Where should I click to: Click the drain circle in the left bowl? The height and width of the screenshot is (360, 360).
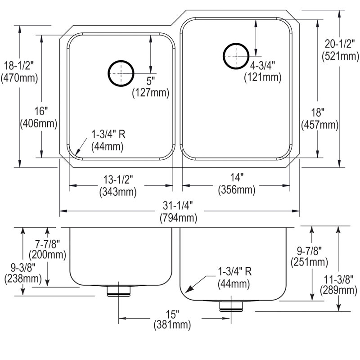tap(108, 73)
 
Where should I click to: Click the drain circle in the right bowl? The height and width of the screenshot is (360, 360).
tap(223, 56)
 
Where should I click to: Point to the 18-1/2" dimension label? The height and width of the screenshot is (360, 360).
tap(19, 66)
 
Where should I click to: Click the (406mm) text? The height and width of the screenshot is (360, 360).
tap(39, 124)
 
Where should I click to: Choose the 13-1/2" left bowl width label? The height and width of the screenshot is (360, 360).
tap(118, 179)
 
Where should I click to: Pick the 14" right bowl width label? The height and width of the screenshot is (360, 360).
tap(237, 177)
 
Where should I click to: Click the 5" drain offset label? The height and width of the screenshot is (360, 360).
tap(150, 81)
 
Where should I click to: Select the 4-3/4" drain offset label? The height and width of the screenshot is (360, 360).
tap(262, 66)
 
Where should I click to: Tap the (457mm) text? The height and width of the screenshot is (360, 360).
tap(320, 125)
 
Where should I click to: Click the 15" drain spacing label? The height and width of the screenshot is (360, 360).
tap(172, 314)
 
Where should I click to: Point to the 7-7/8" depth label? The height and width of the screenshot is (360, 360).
tap(47, 243)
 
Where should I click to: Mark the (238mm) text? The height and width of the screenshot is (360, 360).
tap(23, 279)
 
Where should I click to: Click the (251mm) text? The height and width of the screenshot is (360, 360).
tap(309, 262)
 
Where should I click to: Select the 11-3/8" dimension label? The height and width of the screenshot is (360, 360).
tap(338, 279)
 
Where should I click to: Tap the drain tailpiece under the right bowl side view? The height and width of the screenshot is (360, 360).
tap(231, 306)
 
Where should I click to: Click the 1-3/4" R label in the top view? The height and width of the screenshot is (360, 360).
tap(108, 134)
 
